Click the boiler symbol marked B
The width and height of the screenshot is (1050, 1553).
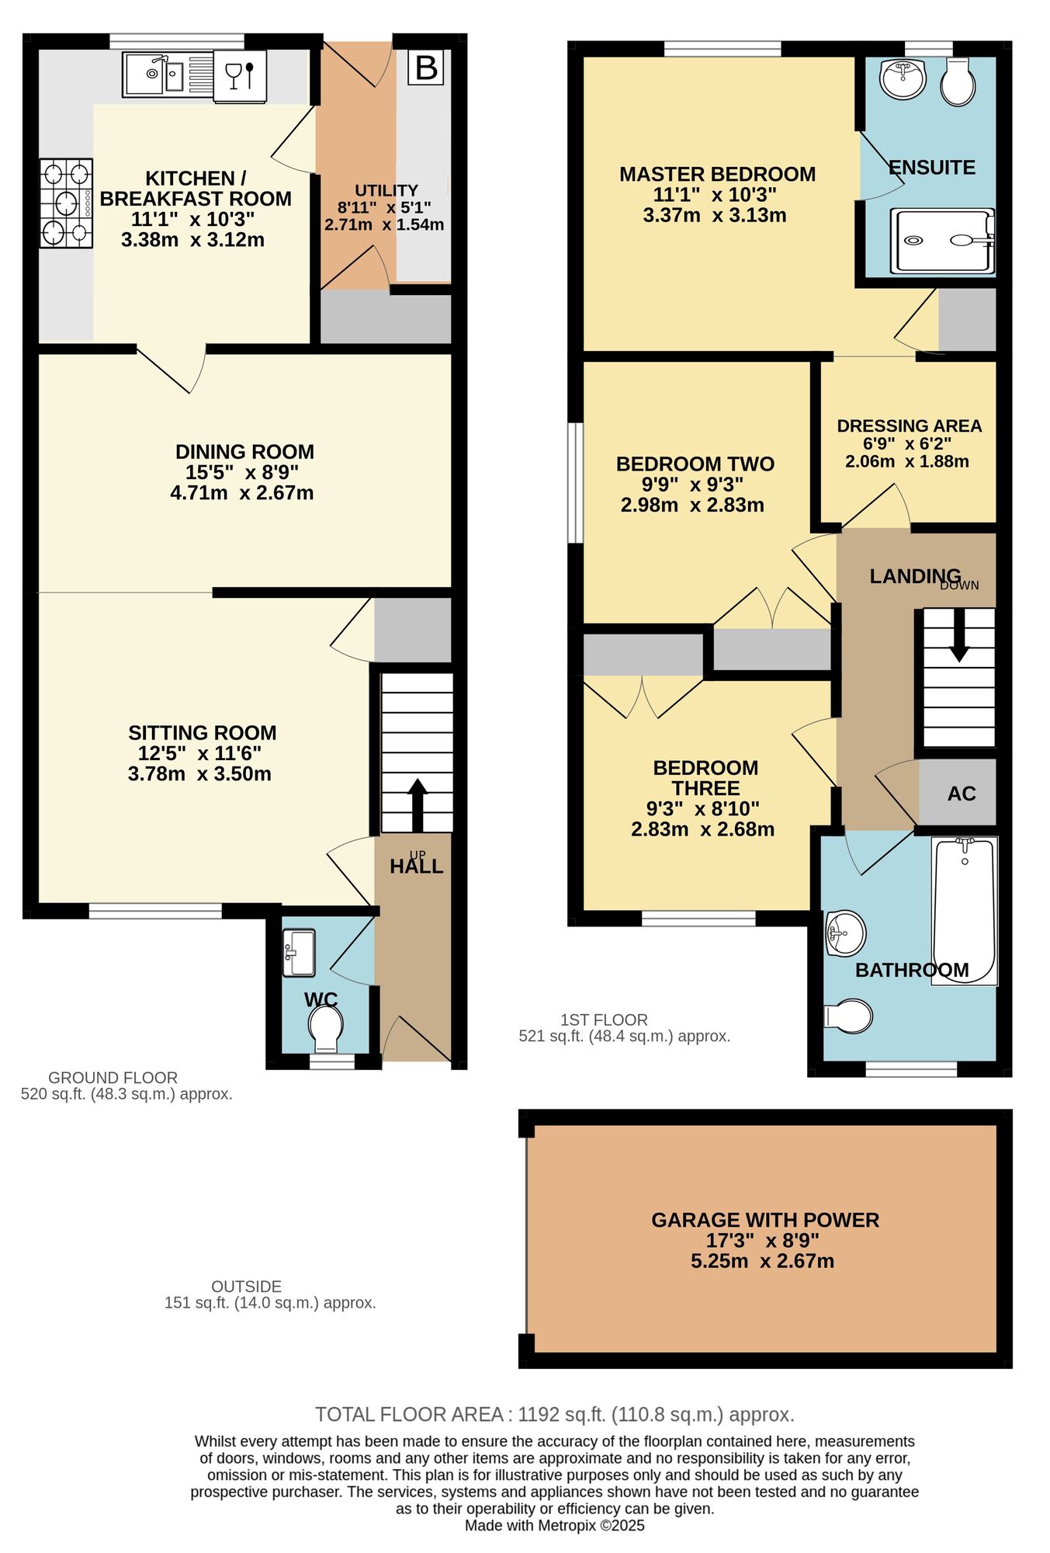pos(426,68)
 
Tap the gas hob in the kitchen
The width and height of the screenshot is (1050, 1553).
pos(66,203)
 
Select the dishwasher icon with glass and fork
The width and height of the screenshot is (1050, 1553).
pos(240,75)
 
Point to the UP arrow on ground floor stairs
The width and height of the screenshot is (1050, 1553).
pos(418,804)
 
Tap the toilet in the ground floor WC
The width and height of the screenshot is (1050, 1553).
pos(325,1027)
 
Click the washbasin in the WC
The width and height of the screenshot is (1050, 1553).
pos(299,952)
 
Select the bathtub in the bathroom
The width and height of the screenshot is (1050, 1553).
pos(965,910)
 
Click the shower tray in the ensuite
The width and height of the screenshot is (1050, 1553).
pos(941,241)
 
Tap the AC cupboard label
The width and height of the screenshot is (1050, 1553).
pos(961,794)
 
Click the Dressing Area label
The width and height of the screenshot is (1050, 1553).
pos(909,426)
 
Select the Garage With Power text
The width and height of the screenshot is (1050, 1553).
pos(764,1220)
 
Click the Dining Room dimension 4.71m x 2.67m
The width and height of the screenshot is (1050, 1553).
pos(241,493)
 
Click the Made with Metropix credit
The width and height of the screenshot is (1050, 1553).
pos(554,1525)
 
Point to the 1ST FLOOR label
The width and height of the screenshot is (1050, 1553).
pos(604,1020)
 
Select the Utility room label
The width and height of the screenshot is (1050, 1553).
pos(386,190)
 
